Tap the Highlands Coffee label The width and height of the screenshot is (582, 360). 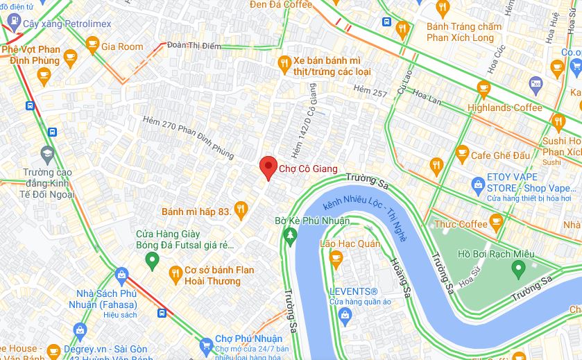(x=504, y=108)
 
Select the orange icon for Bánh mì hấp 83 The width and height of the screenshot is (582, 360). (x=241, y=208)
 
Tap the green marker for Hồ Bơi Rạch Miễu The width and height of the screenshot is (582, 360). (x=517, y=268)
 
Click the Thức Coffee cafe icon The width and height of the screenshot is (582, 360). (x=495, y=222)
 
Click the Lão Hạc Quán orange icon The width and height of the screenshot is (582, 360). (x=336, y=260)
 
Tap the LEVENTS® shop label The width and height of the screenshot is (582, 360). (x=354, y=291)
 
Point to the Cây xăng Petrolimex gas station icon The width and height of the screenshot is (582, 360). (x=11, y=24)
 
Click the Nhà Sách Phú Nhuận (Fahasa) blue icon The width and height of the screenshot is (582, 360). (x=121, y=275)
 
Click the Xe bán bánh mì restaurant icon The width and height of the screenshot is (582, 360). (x=283, y=65)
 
